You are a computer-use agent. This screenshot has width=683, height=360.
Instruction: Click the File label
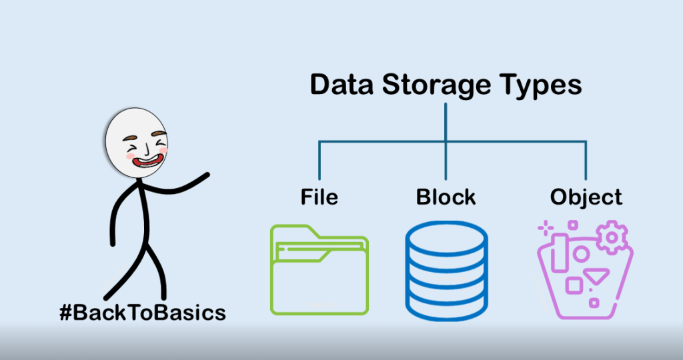[x=319, y=197]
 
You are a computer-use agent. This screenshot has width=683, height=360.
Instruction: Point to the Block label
[x=446, y=197]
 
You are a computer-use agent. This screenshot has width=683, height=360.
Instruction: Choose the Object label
[x=586, y=198]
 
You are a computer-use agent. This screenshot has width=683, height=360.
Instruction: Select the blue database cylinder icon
[x=446, y=270]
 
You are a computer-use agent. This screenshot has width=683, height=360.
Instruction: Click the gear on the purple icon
[x=611, y=239]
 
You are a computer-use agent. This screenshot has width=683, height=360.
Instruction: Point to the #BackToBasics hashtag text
[x=142, y=312]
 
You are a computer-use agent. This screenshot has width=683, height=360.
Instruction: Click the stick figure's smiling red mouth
[x=147, y=160]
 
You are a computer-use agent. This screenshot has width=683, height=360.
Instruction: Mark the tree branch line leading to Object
[x=586, y=160]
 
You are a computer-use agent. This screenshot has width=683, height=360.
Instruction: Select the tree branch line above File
[x=319, y=160]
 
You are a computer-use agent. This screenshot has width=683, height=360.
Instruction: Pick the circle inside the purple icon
[x=582, y=254]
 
